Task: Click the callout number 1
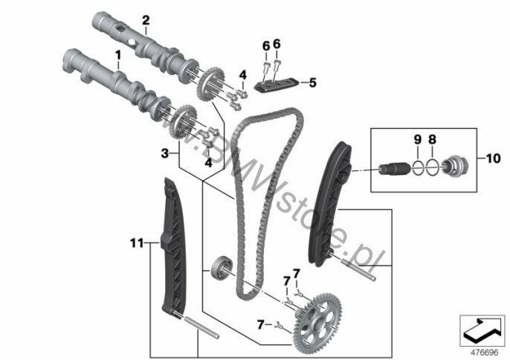click(x=117, y=55)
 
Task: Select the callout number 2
click(x=146, y=20)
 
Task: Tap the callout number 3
click(x=165, y=153)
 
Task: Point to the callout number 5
click(x=312, y=83)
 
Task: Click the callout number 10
click(x=493, y=158)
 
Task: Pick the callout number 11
click(x=137, y=242)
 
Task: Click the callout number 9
click(x=417, y=139)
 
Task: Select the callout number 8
click(x=432, y=139)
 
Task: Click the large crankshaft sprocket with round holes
click(x=317, y=321)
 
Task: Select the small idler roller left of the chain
click(x=222, y=267)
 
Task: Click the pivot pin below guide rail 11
click(x=201, y=328)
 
